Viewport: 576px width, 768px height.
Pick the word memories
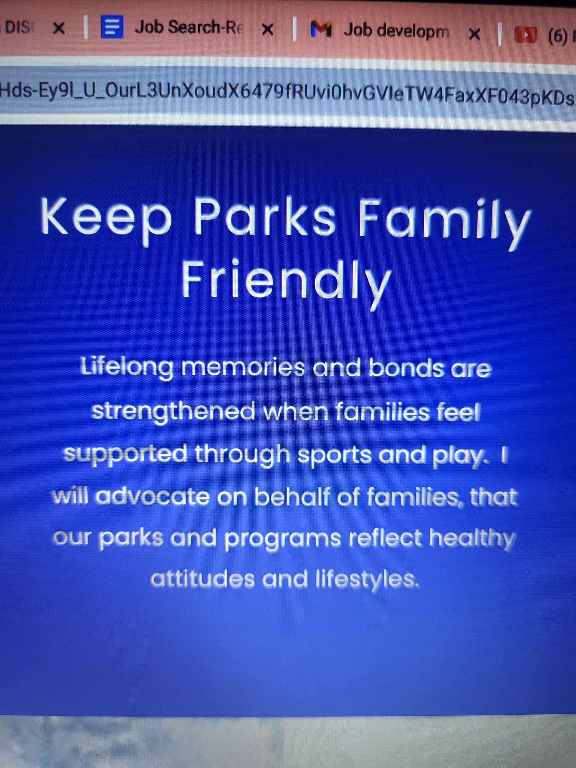click(243, 368)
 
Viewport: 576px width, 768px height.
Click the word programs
click(283, 540)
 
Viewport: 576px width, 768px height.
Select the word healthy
click(471, 538)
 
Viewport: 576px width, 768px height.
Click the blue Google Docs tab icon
click(112, 27)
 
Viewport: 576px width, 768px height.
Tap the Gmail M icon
click(321, 30)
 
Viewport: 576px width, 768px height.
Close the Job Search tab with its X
click(267, 29)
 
